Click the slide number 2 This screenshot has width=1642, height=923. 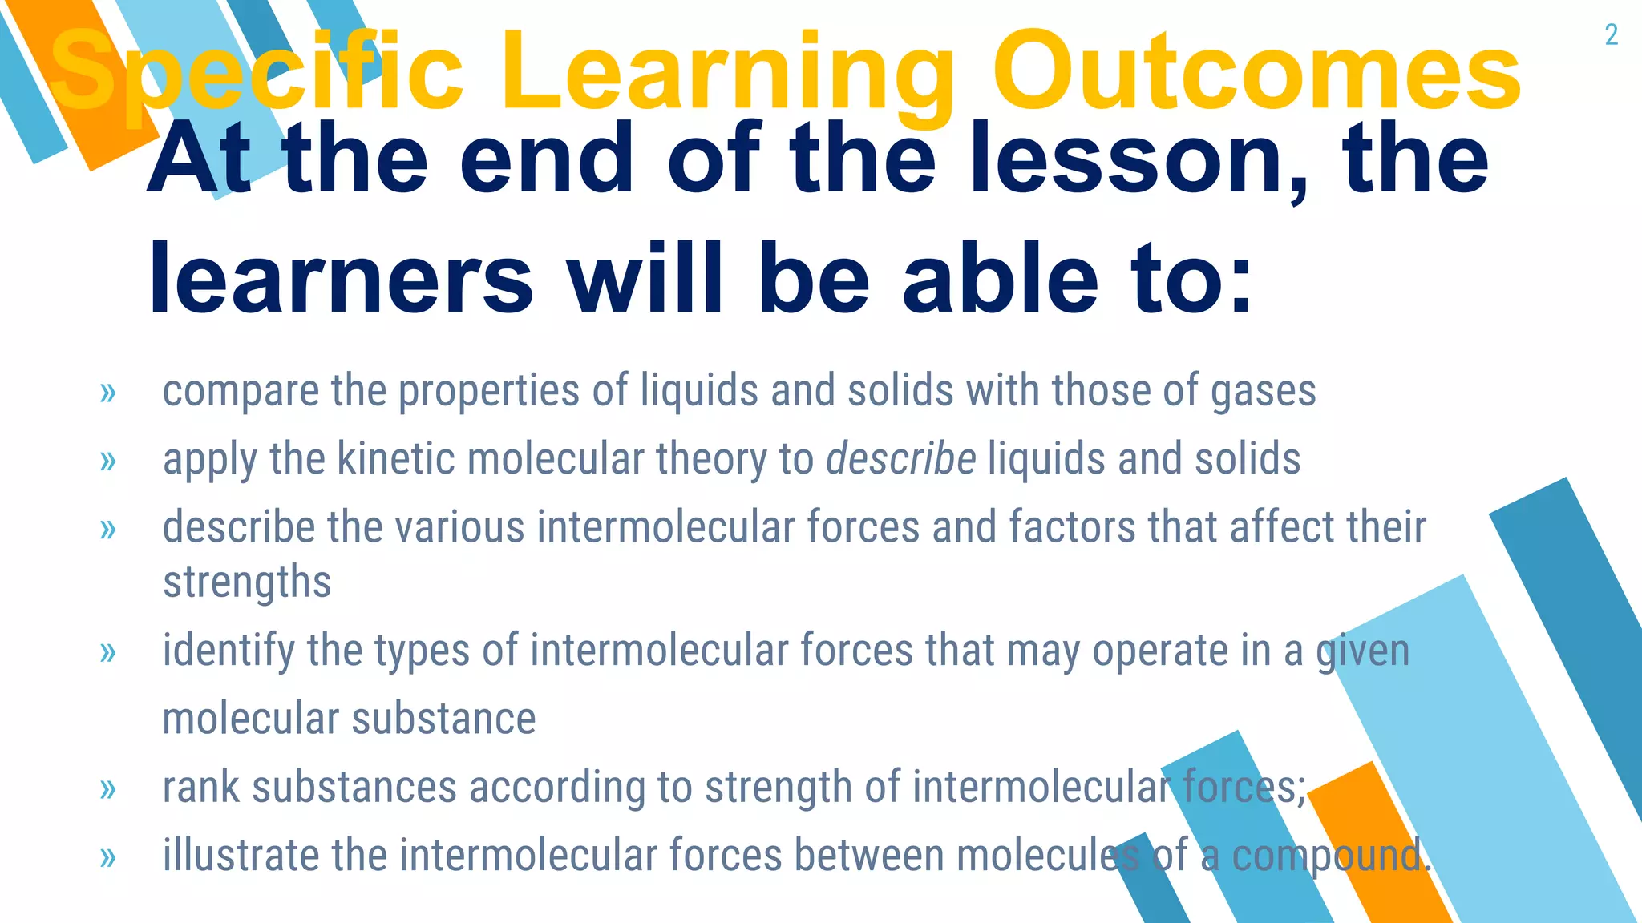pyautogui.click(x=1611, y=35)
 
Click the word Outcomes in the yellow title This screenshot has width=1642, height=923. pyautogui.click(x=1256, y=72)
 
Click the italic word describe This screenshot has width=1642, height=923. pyautogui.click(x=901, y=459)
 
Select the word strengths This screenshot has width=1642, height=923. pyautogui.click(x=247, y=582)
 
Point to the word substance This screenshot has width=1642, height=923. pyautogui.click(x=443, y=719)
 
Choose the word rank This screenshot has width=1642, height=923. pyautogui.click(x=200, y=787)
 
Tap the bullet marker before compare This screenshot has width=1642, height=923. pyautogui.click(x=108, y=393)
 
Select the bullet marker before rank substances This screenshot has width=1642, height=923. pyautogui.click(x=108, y=789)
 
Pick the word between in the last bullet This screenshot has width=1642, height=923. pyautogui.click(x=869, y=855)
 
